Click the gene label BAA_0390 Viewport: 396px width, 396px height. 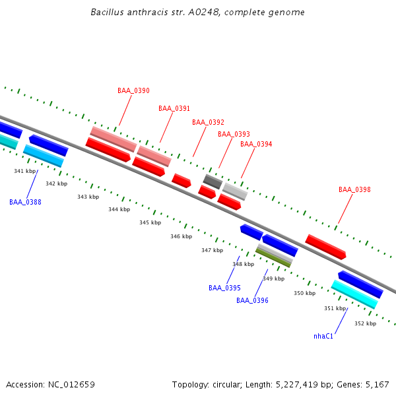133,90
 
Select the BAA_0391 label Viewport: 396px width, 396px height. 174,108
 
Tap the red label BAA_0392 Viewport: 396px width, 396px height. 208,122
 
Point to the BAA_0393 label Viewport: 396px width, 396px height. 234,134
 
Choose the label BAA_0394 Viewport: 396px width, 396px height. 256,144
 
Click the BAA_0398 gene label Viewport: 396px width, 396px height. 354,189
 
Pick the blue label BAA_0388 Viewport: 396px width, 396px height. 25,202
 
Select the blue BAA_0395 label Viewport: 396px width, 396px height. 224,288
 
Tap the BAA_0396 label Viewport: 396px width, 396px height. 252,300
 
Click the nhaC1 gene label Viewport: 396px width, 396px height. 323,336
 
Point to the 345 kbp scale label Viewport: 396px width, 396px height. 150,222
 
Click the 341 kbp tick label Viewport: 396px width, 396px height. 24,171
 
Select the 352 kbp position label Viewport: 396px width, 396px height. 365,323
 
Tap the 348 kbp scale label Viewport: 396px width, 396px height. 243,264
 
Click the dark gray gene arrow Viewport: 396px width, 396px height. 213,180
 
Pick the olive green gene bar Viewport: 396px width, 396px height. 273,257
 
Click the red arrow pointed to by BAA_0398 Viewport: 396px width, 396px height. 325,246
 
